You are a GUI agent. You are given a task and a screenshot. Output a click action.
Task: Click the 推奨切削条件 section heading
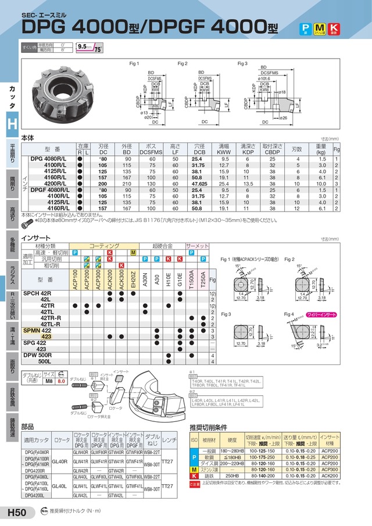coord(213,428)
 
